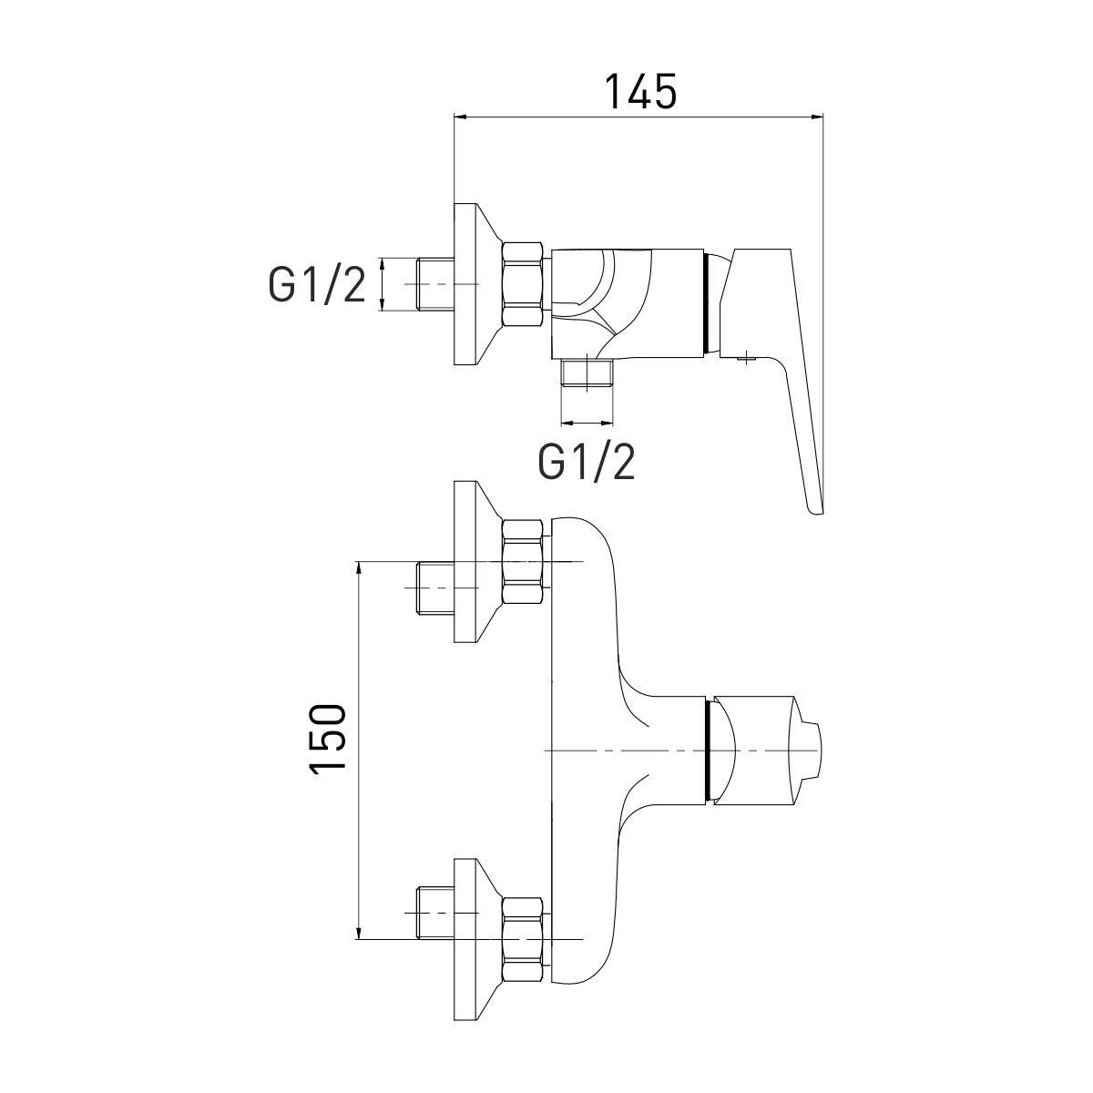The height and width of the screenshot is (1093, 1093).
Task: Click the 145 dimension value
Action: tap(641, 92)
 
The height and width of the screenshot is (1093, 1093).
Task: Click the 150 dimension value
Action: tap(327, 739)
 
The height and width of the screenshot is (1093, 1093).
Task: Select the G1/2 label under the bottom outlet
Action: tap(587, 463)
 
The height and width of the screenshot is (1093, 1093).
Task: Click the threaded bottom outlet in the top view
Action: tap(587, 373)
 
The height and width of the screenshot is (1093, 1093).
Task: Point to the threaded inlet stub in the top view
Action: tap(435, 283)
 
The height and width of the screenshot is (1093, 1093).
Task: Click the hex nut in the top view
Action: tap(523, 283)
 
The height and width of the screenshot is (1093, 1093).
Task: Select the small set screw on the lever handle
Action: tap(747, 357)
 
